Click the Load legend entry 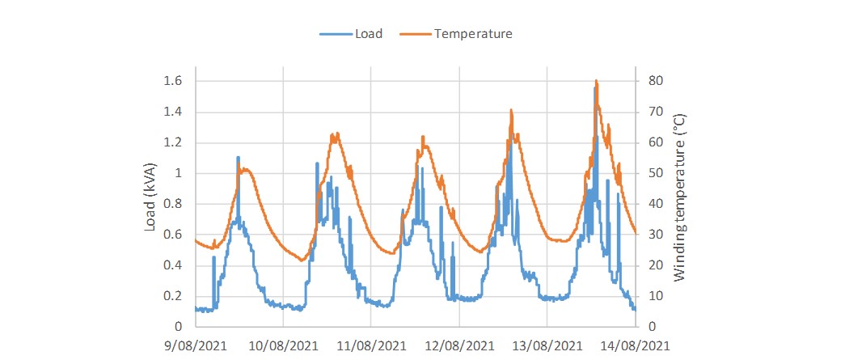click(x=368, y=34)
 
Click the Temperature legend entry click(x=473, y=34)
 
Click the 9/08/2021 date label click(x=195, y=345)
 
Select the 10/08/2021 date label click(x=283, y=345)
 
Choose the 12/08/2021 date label click(x=459, y=345)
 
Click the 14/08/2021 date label click(x=636, y=345)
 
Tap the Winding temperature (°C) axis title click(x=679, y=196)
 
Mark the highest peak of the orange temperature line click(x=596, y=81)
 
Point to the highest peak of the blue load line click(x=595, y=87)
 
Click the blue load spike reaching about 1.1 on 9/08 click(x=238, y=157)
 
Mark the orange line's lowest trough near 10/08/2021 click(x=301, y=260)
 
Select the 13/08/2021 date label click(x=547, y=345)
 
